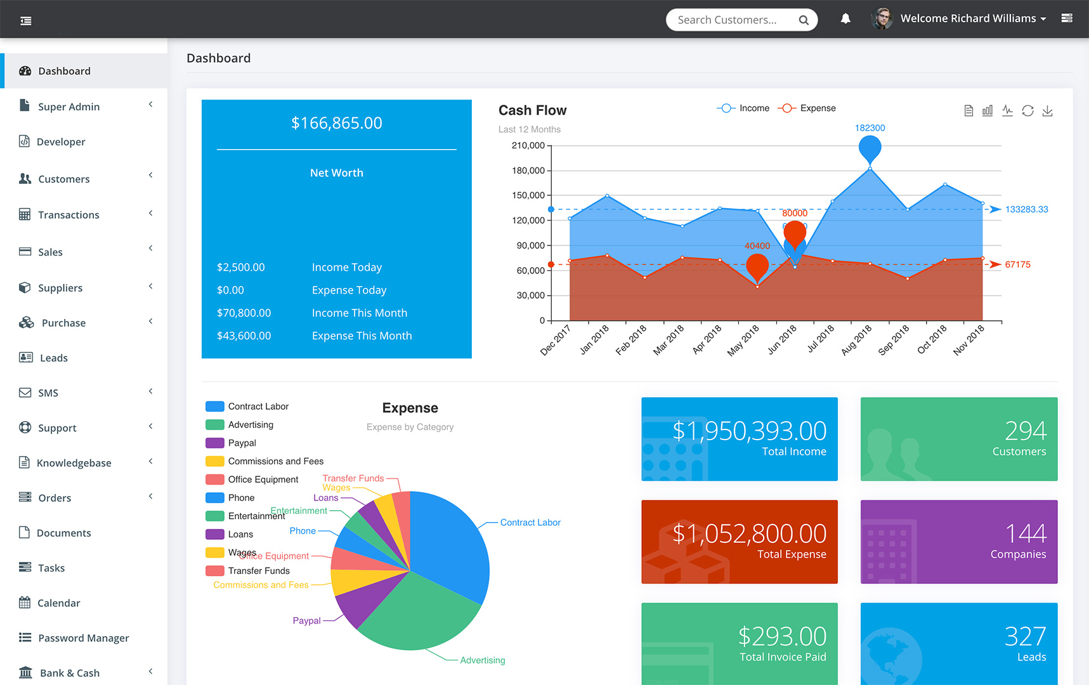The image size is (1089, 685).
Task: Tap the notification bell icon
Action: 845,19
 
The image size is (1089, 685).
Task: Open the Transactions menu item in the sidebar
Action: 68,215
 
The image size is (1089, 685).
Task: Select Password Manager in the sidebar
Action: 83,638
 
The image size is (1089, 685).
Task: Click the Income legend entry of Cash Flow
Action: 743,108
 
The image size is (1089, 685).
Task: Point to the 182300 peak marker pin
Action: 870,148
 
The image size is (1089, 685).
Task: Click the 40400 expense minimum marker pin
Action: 757,266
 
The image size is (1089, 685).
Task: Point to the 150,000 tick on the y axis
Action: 528,195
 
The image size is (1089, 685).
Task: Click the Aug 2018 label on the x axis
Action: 858,339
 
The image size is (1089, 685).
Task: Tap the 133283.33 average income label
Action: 1026,209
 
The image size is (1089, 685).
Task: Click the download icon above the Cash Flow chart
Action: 1047,111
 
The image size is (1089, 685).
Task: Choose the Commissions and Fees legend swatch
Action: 215,461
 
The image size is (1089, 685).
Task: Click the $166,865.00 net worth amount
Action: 337,123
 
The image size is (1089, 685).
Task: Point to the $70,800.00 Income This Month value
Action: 244,313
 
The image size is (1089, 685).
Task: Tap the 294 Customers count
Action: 1026,431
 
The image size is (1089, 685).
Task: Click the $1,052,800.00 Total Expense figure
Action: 749,534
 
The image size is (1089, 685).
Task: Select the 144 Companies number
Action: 1026,534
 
